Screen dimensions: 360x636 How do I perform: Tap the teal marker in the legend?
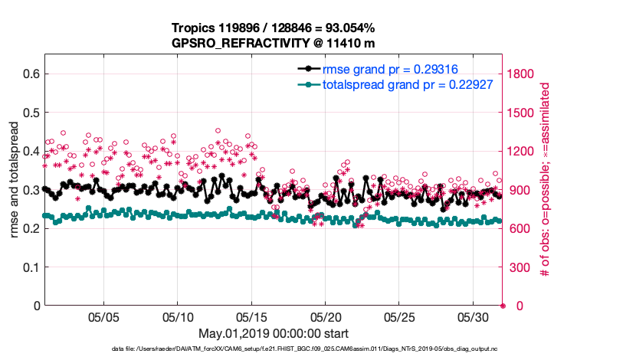click(308, 83)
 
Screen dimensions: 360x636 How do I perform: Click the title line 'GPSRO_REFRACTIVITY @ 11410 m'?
click(274, 43)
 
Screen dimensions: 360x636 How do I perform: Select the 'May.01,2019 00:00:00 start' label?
click(274, 333)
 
